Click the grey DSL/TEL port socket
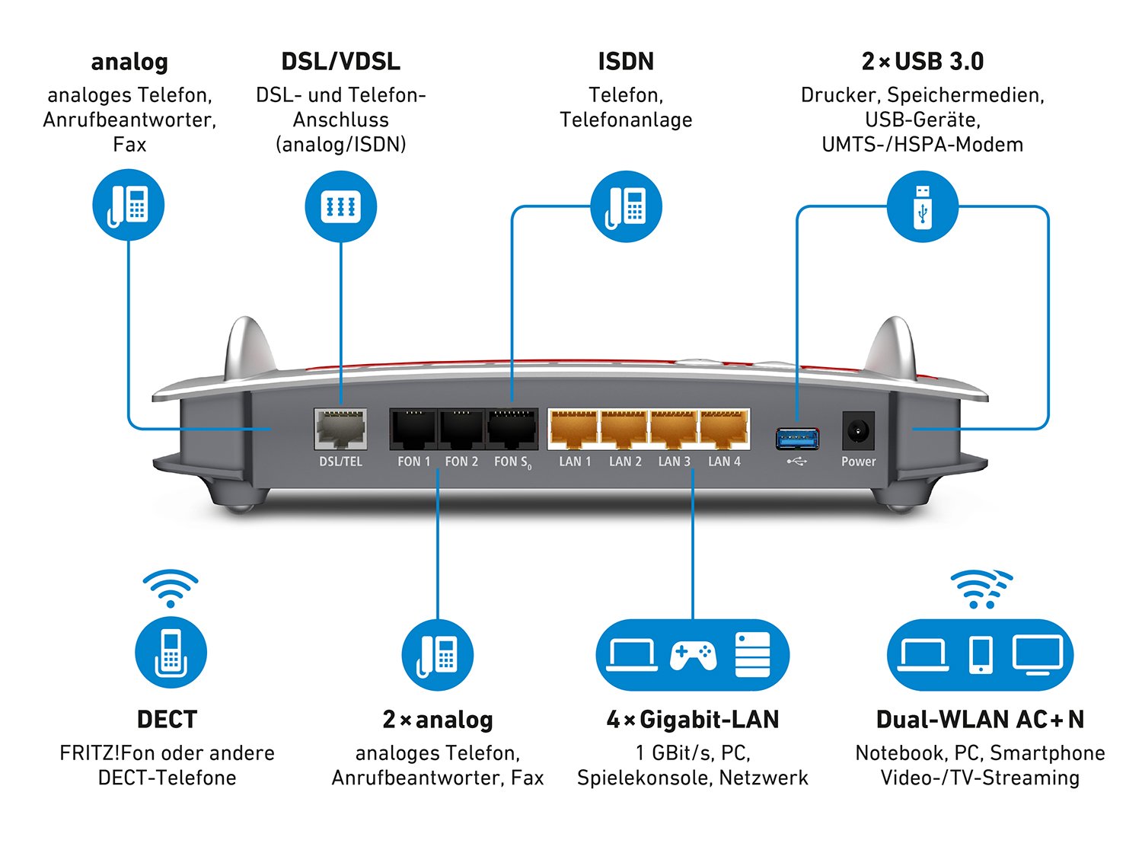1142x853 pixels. coord(340,430)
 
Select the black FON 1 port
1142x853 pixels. coord(413,430)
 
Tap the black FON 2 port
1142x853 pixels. coord(461,430)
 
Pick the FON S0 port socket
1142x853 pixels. coord(512,430)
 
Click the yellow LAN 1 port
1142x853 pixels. coord(574,430)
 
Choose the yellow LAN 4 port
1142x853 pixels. coord(724,430)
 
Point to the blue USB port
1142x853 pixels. coord(797,438)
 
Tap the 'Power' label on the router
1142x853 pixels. coord(858,462)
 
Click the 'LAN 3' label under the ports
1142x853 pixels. coord(675,462)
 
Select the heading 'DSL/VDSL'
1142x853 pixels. coord(340,62)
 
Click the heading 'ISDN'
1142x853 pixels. coord(626,62)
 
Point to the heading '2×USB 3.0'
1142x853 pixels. coord(923,62)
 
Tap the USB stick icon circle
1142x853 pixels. coord(923,206)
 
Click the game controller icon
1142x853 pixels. coord(692,655)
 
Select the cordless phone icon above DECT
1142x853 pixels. coord(171,653)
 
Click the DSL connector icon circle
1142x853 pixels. coord(340,206)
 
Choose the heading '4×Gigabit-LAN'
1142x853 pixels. coord(692,720)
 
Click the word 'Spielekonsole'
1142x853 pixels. coord(645,778)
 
